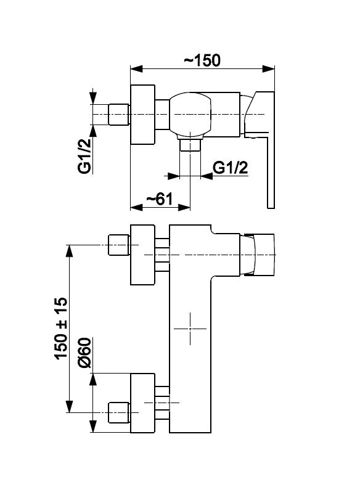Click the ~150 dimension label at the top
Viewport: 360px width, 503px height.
point(202,60)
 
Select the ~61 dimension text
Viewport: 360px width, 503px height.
point(160,199)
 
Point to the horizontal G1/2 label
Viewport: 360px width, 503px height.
point(231,168)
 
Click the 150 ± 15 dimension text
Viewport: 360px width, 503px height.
point(61,328)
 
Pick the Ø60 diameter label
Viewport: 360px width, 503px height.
point(84,353)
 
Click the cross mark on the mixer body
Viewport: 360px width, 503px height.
point(190,329)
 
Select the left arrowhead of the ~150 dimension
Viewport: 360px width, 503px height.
point(136,68)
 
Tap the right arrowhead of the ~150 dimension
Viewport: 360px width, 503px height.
point(269,68)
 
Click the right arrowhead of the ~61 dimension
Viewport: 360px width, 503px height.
point(184,207)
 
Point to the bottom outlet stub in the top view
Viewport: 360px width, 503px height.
point(190,145)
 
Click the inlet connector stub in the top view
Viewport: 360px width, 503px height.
point(119,114)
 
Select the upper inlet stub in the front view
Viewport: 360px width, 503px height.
point(119,245)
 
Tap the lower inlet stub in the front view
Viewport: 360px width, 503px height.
point(119,412)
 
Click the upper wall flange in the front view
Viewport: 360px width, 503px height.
point(143,255)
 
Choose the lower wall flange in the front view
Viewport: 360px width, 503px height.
point(143,403)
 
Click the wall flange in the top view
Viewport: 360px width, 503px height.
point(143,115)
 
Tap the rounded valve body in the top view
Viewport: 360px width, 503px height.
point(190,114)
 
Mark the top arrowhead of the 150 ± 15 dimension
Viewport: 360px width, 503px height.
point(69,251)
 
